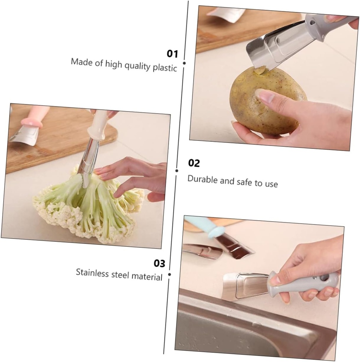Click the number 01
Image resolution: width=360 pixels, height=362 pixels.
(172, 54)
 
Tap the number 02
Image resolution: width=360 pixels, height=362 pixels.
(194, 163)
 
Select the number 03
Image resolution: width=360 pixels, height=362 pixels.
(159, 263)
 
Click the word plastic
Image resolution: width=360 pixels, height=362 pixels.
(164, 67)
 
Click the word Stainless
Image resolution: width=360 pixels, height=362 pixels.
(92, 273)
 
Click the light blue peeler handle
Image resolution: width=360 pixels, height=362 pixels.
(205, 226)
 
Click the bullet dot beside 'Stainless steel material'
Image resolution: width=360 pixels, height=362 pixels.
(169, 274)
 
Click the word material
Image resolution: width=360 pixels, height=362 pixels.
(147, 276)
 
